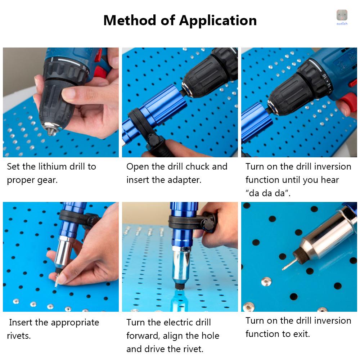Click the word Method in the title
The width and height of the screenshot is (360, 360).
(130, 20)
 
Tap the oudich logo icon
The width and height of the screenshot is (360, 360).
(342, 15)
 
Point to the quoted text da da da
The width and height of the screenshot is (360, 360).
(268, 193)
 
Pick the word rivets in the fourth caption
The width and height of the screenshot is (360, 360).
(18, 336)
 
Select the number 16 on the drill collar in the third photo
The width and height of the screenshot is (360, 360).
(324, 76)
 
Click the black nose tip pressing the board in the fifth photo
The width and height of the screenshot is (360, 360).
(180, 286)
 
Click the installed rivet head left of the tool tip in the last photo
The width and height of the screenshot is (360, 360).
(266, 281)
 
